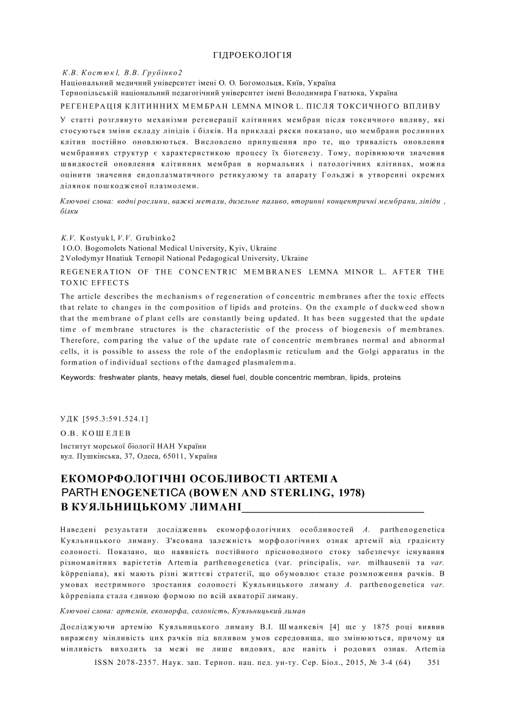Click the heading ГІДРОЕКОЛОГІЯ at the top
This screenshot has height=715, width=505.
pos(252,55)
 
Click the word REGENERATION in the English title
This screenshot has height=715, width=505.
pos(98,271)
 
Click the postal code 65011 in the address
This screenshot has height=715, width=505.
pos(172,456)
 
